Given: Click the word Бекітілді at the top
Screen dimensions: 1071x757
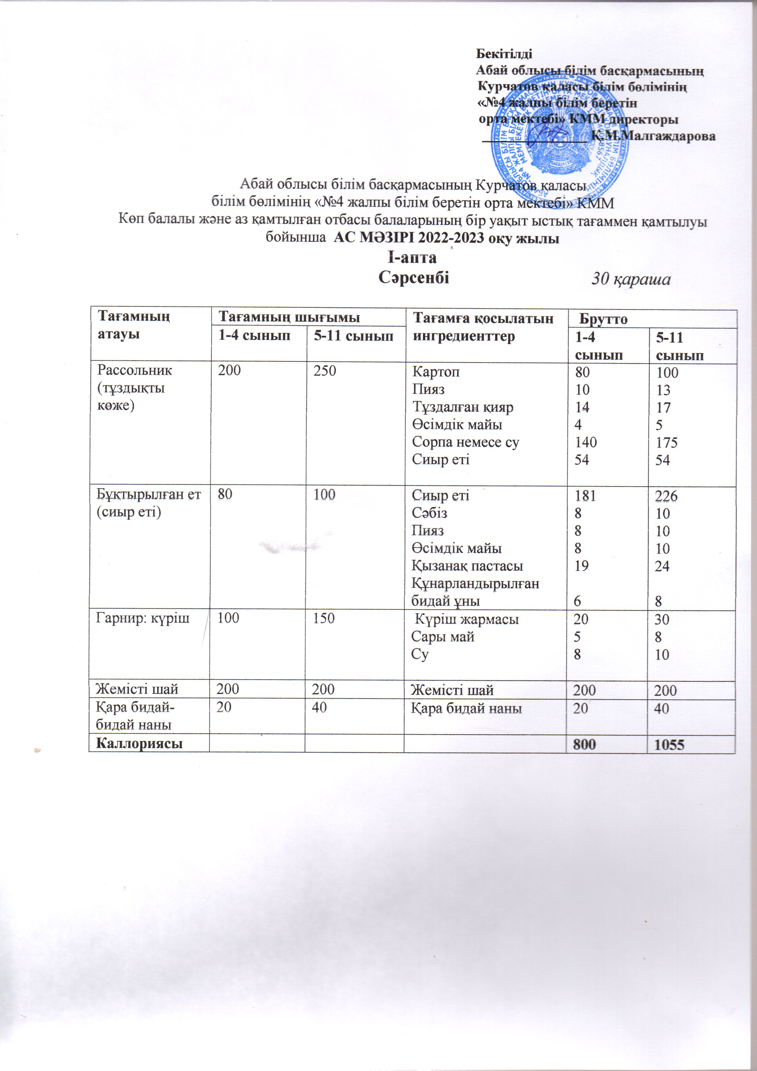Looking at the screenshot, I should tap(504, 53).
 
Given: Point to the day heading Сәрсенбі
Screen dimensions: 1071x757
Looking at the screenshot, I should tap(414, 277).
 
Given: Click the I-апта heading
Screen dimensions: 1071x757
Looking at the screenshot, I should tap(412, 258).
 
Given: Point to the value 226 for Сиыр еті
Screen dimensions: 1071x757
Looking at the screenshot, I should tap(666, 496).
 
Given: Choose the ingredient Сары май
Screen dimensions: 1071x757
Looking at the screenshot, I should tap(443, 637).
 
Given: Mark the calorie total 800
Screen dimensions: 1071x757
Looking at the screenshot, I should tap(585, 745).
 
